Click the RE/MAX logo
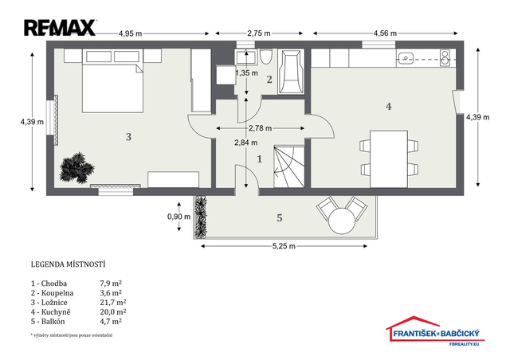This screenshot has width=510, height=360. [x=60, y=28]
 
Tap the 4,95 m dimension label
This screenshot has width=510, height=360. [x=131, y=33]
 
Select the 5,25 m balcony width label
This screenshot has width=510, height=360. [x=284, y=246]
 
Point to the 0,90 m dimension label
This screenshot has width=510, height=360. [x=178, y=217]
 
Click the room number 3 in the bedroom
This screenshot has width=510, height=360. [x=128, y=137]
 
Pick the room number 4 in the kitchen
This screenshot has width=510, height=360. [x=389, y=107]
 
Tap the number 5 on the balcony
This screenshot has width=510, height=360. [x=280, y=218]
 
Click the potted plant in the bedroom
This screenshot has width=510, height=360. [x=76, y=168]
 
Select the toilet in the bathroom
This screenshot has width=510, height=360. [x=265, y=57]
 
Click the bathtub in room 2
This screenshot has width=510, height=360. [x=291, y=72]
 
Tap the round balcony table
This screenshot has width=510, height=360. [x=342, y=221]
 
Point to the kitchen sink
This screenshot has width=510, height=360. [x=406, y=59]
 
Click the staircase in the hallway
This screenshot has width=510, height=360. [x=289, y=166]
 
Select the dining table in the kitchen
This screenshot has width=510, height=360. [x=389, y=159]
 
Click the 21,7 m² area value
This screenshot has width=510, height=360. [x=113, y=303]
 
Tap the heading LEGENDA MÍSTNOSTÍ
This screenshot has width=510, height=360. [x=68, y=264]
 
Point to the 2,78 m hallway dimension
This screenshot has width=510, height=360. [x=261, y=128]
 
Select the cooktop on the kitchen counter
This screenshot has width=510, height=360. [x=445, y=58]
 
